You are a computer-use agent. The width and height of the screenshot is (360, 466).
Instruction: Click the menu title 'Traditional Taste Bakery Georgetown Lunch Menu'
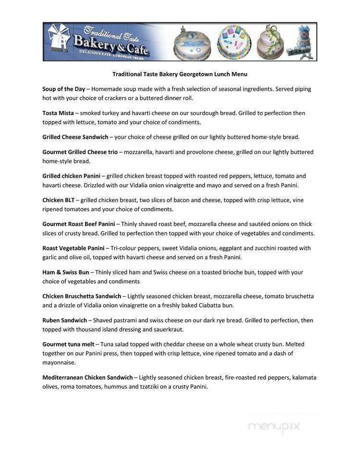point(180,74)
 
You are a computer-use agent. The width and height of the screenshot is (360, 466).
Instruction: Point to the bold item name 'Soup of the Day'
point(63,89)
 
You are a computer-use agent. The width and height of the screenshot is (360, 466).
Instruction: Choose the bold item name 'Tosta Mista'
point(58,113)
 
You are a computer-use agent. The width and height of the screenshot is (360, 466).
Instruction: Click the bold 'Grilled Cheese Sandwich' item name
point(75,137)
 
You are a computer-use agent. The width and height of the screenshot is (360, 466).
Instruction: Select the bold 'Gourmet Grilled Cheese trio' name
point(80,152)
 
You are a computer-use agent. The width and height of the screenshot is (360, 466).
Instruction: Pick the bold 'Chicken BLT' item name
point(58,200)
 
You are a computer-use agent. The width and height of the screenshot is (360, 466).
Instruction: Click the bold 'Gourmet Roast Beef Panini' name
point(78,224)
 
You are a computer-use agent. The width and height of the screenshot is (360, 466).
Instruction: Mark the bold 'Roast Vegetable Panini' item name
point(73,248)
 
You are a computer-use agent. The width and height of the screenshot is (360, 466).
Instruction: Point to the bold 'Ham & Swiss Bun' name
point(65,272)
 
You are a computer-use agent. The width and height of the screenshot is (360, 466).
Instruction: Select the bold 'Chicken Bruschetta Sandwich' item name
point(82,296)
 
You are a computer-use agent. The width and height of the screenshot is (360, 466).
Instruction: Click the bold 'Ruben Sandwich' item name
point(64,320)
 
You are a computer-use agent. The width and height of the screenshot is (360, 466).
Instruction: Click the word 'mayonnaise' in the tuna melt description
point(59,362)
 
